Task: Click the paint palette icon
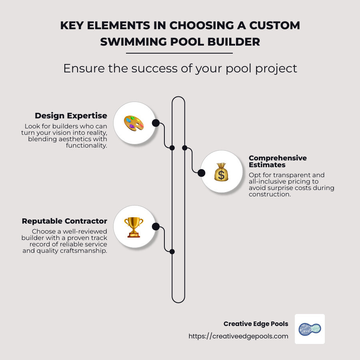tap(134, 123)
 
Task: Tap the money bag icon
tap(221, 172)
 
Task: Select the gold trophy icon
tap(134, 227)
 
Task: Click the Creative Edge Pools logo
tap(310, 329)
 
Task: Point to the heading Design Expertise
tap(71, 116)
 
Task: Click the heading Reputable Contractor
tap(64, 221)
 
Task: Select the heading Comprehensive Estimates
tap(278, 161)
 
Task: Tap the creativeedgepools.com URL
tap(238, 336)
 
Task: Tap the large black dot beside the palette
tap(156, 123)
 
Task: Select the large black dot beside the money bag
tap(202, 173)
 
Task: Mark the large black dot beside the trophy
tap(156, 227)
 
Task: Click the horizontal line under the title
tap(180, 53)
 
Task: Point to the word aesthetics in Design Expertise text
tap(66, 139)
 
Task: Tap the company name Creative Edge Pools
tap(256, 324)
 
